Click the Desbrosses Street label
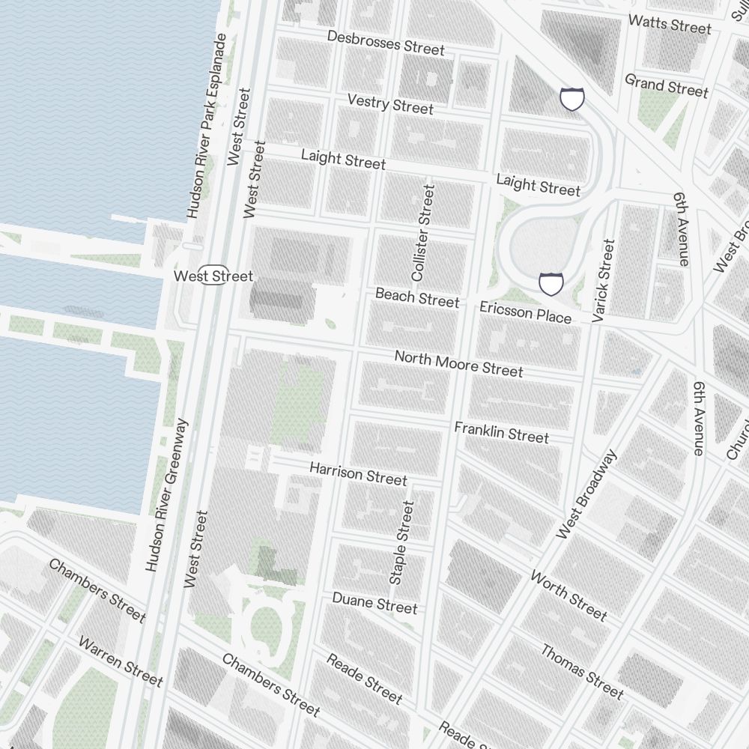coord(386,43)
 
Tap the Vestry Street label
coord(390,104)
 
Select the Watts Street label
coord(670,24)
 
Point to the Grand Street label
coord(666,85)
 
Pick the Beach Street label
coord(416,297)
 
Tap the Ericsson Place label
coord(525,312)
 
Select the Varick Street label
coord(604,281)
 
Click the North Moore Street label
coord(458,363)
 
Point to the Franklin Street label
coord(501,432)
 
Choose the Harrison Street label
coord(358,473)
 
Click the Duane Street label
coord(374,602)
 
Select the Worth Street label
coord(568,595)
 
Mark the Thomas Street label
coord(582,671)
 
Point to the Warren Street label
coord(120,661)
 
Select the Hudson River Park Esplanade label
coord(206,126)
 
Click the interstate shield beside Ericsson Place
coord(551,284)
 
